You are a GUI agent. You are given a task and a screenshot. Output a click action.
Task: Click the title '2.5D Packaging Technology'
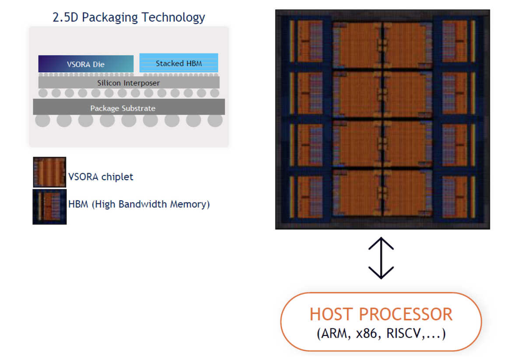[x=129, y=17]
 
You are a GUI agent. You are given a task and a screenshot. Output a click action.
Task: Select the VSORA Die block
[x=86, y=64]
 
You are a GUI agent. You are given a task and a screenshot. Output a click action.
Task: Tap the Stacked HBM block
[x=178, y=63]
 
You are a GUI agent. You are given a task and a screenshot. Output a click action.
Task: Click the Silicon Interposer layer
[x=129, y=83]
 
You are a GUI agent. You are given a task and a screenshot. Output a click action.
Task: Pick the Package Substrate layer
[x=129, y=108]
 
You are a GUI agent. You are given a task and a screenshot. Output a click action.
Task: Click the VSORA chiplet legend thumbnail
[x=49, y=172]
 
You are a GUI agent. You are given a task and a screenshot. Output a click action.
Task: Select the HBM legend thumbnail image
[x=49, y=206]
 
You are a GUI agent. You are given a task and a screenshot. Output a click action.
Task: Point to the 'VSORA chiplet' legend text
[x=101, y=177]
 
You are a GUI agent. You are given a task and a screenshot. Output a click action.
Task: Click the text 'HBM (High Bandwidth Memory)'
[x=139, y=204]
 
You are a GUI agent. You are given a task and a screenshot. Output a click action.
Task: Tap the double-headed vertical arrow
[x=381, y=258]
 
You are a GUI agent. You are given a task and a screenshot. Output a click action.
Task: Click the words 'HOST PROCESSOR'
[x=381, y=315]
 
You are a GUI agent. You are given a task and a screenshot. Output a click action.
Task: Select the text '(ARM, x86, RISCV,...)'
[x=381, y=334]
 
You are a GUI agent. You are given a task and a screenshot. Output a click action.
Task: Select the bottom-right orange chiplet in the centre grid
[x=407, y=192]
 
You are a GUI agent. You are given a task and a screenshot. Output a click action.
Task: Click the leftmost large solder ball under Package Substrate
[x=42, y=120]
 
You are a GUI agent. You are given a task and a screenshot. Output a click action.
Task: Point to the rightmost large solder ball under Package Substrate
[x=215, y=120]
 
